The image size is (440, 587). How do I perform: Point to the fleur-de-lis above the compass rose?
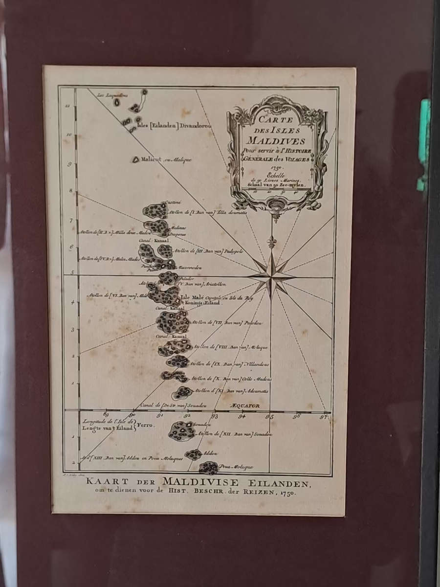click(271, 242)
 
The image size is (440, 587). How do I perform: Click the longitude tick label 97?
click(324, 417)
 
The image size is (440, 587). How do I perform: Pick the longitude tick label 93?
click(214, 417)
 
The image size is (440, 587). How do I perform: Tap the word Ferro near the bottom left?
click(145, 426)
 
